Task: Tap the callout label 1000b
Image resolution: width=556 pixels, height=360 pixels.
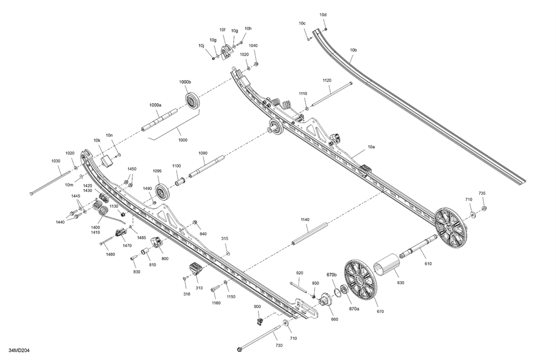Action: (185, 82)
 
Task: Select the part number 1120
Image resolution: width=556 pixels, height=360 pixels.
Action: (327, 81)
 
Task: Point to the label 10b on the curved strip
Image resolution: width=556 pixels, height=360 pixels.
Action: (354, 51)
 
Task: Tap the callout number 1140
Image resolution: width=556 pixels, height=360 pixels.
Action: (305, 220)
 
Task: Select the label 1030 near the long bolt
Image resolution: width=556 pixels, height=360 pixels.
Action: (56, 161)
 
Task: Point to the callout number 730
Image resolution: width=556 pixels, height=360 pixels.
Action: (279, 346)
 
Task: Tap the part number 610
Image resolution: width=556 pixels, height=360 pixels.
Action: (428, 265)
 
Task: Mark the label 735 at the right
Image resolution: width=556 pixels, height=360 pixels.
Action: (481, 193)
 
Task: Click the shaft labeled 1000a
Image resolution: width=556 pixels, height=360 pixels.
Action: (159, 121)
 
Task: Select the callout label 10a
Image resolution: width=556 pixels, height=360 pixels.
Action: (371, 147)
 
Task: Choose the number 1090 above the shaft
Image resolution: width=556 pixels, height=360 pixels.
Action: (202, 153)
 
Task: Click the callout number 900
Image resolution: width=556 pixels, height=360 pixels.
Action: (257, 307)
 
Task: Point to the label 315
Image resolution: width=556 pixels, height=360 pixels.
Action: (225, 238)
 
